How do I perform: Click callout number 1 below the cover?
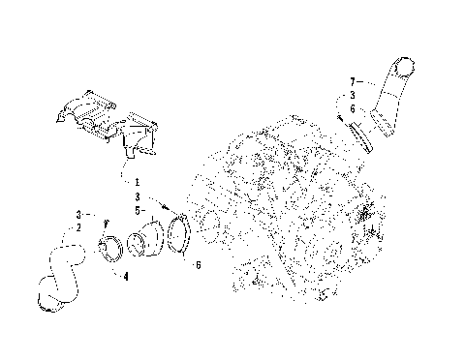click(x=138, y=181)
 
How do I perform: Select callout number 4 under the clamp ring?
click(x=125, y=276)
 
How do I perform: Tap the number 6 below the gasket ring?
click(x=198, y=264)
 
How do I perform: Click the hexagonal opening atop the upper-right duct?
click(x=404, y=67)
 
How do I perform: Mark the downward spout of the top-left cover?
click(x=136, y=146)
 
